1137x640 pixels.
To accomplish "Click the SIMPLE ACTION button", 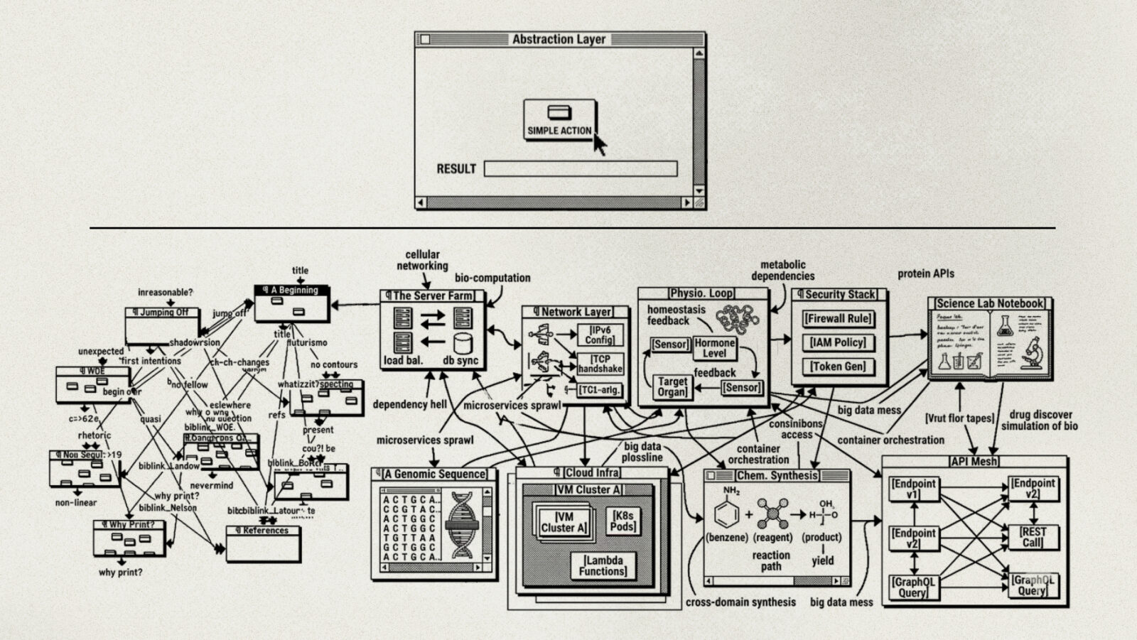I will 559,120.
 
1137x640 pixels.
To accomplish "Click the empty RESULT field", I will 580,169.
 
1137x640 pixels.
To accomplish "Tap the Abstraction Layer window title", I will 559,40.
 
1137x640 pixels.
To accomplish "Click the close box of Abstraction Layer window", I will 426,40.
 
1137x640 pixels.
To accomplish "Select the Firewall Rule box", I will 839,319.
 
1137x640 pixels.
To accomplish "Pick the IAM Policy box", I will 839,343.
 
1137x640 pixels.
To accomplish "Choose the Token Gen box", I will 839,367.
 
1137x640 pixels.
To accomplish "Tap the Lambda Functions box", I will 603,565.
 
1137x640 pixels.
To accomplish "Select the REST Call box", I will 1033,537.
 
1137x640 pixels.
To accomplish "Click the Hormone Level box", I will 714,348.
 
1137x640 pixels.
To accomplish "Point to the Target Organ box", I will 672,386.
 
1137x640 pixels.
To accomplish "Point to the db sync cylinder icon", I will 463,344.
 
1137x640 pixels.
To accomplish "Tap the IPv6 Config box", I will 600,335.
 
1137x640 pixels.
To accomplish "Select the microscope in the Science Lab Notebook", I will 1030,353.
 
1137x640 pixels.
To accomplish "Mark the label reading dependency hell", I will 410,404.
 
